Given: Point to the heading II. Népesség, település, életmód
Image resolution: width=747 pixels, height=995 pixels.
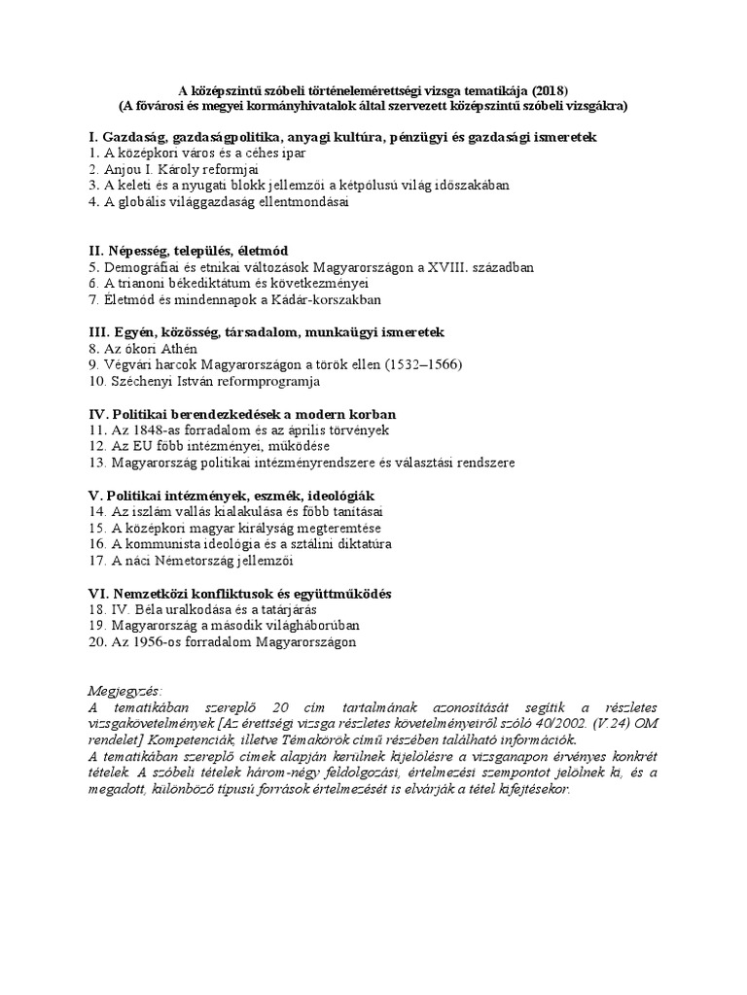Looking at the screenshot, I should click(x=188, y=250).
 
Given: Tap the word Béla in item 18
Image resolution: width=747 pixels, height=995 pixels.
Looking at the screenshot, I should click(x=159, y=609).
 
